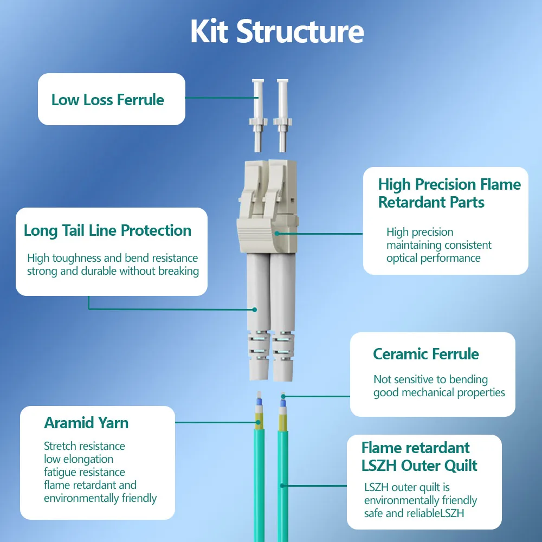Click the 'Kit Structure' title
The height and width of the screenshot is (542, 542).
pos(277,31)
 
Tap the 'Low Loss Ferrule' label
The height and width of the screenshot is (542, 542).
pos(107,100)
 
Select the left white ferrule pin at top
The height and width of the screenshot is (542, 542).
pos(258,115)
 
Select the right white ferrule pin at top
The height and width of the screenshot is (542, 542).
pos(283,115)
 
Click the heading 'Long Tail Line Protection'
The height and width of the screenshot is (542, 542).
pos(107,230)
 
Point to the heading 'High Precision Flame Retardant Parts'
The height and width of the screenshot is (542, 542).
pos(449,193)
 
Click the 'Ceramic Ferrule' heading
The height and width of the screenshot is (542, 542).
pos(426,354)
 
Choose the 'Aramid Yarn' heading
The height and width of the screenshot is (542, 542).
pos(86,423)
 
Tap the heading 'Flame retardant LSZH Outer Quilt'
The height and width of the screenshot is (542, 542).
pos(420,456)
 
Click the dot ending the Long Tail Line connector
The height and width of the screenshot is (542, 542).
pos(255,309)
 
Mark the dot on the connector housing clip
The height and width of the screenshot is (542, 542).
pos(276,234)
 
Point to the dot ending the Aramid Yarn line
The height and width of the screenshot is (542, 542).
pos(258,422)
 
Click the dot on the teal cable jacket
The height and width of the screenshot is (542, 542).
pos(282,486)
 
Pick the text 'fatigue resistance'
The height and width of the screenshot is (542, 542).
pos(85,472)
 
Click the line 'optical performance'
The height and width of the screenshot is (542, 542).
pos(434,258)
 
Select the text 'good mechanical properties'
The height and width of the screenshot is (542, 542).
pos(439,392)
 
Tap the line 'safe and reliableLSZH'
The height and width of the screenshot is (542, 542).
pos(414,513)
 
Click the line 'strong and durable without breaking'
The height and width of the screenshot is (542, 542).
pos(113,272)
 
